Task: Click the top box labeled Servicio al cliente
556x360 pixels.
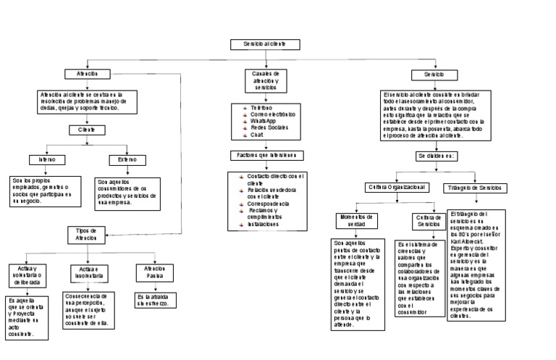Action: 265,45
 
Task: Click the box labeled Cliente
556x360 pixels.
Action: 87,130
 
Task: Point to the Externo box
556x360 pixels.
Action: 127,159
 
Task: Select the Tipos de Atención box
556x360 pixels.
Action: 86,233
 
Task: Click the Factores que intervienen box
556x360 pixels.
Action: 267,156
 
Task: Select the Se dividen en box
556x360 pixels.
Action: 435,156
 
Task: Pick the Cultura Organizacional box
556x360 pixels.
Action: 397,188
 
